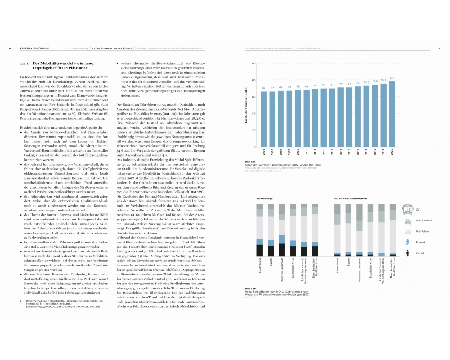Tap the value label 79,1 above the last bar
[392, 78]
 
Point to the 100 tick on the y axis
[253, 64]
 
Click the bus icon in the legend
[407, 209]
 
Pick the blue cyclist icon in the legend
[407, 243]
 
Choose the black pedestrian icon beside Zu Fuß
[407, 254]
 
